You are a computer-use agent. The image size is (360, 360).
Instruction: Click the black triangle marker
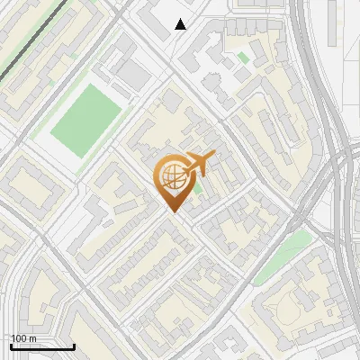(x=181, y=24)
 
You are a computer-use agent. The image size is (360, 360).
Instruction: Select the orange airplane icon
(x=199, y=166)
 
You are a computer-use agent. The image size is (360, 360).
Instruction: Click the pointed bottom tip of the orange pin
(x=172, y=212)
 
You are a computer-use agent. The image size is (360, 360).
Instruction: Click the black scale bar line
(x=42, y=347)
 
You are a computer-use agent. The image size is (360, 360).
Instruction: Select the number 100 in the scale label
(x=20, y=338)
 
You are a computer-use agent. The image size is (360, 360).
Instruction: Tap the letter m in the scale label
(x=32, y=338)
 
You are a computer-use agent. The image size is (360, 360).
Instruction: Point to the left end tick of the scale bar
(x=11, y=346)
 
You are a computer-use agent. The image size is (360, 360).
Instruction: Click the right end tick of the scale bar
(x=74, y=346)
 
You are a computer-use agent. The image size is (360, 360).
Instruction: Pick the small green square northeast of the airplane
(x=243, y=58)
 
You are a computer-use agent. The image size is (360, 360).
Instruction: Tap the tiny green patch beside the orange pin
(x=198, y=188)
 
